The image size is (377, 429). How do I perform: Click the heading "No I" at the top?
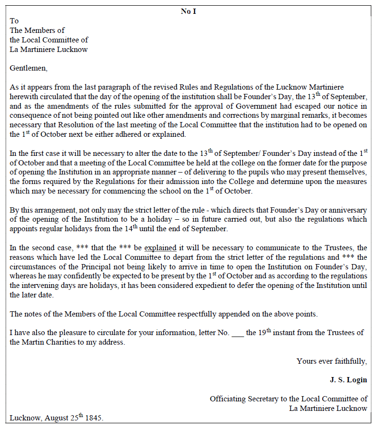click(188, 11)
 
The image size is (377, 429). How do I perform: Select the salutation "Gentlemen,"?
click(29, 68)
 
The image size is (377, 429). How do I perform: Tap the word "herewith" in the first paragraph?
click(23, 96)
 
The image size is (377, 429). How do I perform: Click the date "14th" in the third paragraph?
click(138, 229)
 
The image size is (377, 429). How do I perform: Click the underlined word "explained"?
click(160, 248)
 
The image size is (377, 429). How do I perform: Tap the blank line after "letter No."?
click(238, 333)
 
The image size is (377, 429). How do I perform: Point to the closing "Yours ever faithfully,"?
click(332, 361)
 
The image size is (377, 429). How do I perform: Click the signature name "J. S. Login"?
click(348, 380)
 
